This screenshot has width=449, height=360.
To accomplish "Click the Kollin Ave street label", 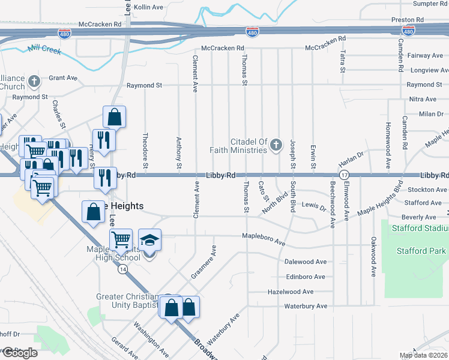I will point(148,7).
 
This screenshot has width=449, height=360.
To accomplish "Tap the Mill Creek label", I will point(44,49).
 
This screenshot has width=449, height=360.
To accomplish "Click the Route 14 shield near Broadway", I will point(122,270).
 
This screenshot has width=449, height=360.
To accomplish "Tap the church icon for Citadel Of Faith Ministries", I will point(276,145).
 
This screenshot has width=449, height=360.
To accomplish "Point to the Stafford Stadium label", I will point(419,229).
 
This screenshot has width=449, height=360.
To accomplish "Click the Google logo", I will point(19,353).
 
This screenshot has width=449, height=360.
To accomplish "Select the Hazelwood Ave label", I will point(291,292).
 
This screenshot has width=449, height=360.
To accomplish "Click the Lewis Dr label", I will point(313,207).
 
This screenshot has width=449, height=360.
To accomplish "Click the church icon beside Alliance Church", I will point(35,81).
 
